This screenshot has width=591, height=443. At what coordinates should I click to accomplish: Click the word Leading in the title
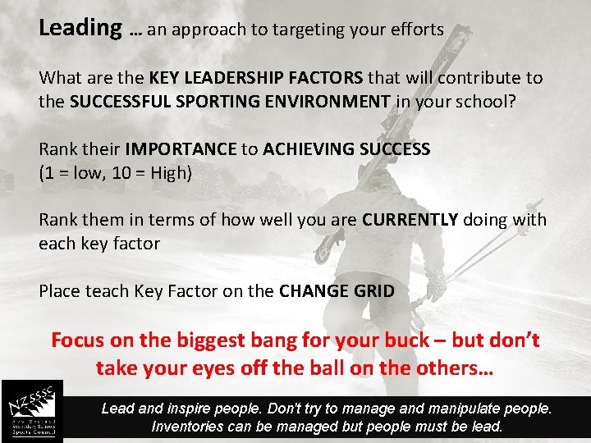tap(80, 28)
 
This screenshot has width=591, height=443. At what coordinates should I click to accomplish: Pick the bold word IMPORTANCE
tap(181, 149)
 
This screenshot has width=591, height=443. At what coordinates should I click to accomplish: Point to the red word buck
tap(403, 340)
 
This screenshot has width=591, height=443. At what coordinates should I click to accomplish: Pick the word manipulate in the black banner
tap(470, 409)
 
